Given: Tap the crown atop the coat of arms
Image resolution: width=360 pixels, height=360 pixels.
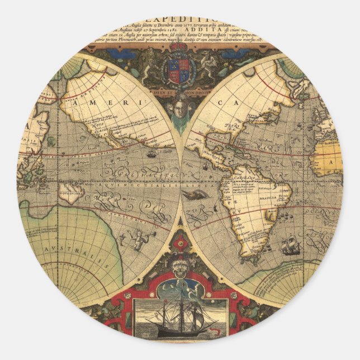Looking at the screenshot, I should click(x=179, y=50).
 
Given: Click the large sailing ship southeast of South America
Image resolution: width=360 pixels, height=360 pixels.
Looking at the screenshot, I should click(x=291, y=245).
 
